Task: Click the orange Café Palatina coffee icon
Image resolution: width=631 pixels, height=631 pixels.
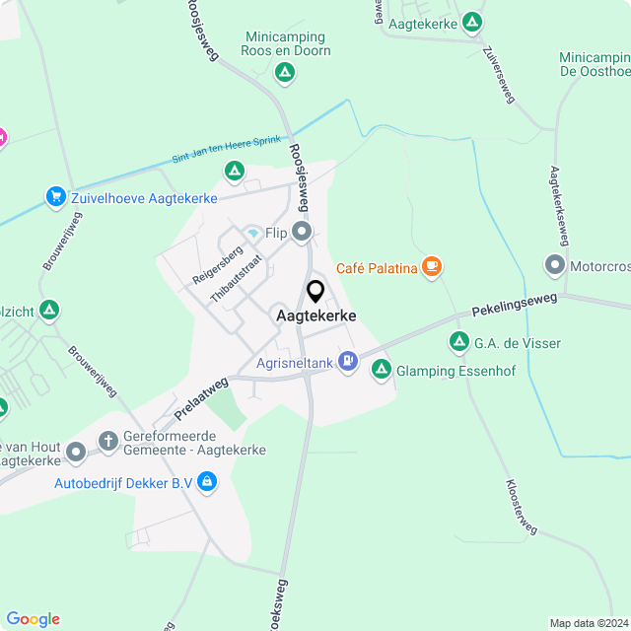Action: [431, 266]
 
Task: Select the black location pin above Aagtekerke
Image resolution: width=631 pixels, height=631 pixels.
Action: [315, 292]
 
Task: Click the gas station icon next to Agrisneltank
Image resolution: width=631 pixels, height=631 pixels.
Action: [347, 362]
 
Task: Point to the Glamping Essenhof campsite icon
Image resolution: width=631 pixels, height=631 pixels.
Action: [382, 370]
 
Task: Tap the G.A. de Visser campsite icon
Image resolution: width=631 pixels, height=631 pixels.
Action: [458, 342]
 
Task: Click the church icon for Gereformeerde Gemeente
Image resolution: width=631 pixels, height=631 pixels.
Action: [109, 441]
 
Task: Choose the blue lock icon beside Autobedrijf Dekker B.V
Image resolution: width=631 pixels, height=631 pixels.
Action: [206, 482]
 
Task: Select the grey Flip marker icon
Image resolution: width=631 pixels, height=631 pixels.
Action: [302, 233]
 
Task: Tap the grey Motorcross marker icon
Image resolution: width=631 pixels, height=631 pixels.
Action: [554, 264]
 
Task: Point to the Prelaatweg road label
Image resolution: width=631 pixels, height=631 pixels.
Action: [201, 397]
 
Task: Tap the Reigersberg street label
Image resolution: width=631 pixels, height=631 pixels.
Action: [217, 263]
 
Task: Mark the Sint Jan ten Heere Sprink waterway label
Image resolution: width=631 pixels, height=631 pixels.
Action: [226, 150]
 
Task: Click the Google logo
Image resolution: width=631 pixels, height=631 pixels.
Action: [33, 618]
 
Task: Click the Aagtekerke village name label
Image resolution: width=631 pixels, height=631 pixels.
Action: [315, 315]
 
